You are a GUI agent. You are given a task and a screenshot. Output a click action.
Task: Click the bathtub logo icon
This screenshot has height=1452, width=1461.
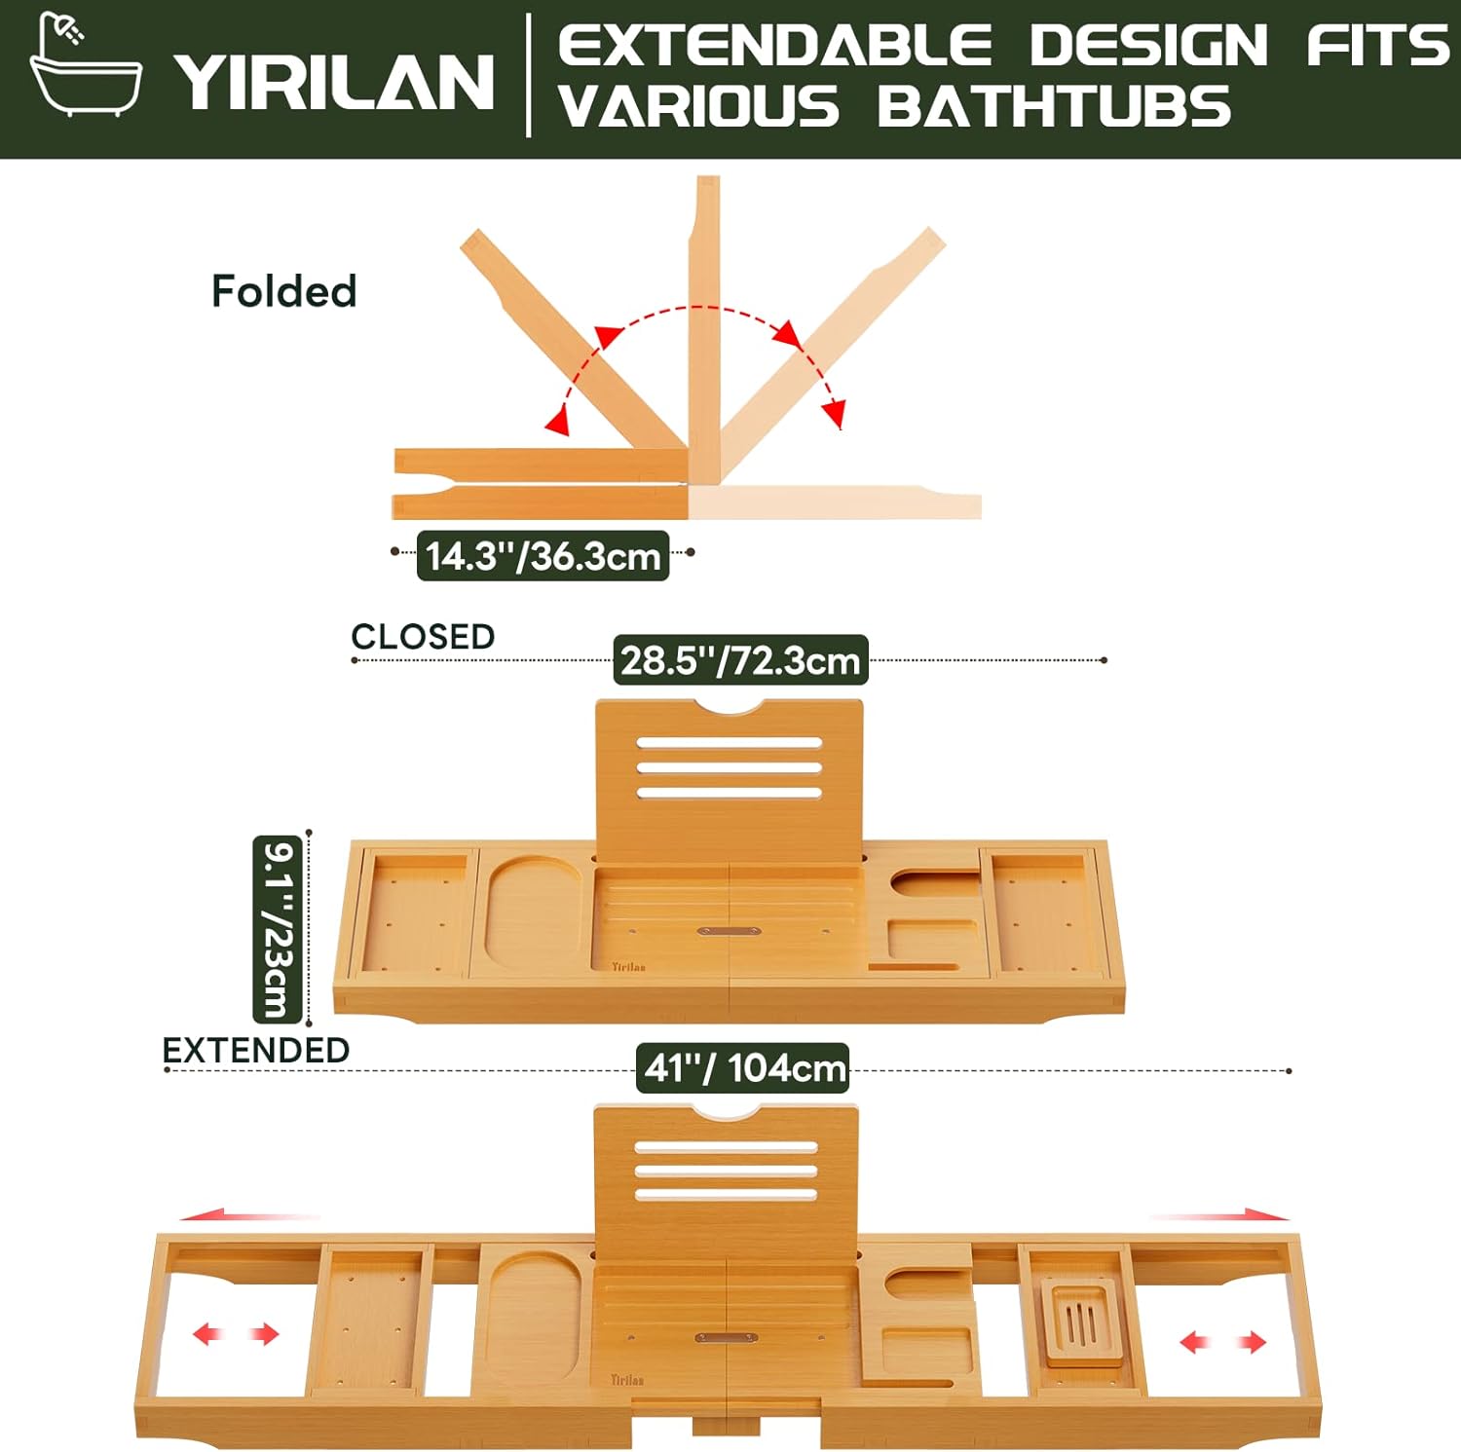point(85,66)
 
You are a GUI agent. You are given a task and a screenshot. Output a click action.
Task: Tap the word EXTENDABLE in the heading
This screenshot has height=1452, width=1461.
point(774,46)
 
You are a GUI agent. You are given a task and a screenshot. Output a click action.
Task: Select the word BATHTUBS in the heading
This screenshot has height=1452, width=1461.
point(1054,107)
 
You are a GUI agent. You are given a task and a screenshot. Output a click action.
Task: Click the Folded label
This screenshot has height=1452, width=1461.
point(283,291)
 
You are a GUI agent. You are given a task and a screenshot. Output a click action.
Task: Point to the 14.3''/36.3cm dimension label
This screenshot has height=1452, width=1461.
point(543,556)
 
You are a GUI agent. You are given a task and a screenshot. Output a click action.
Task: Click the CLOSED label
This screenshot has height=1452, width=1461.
point(423,636)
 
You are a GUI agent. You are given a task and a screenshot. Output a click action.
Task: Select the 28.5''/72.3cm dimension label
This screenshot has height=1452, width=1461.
point(740,660)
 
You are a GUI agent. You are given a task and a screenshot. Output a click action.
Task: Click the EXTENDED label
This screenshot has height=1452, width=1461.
point(255,1050)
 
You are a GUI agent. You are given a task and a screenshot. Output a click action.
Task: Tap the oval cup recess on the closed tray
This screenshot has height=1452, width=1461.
point(534,912)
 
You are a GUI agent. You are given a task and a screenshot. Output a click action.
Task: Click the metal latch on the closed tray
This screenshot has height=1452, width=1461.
point(729,931)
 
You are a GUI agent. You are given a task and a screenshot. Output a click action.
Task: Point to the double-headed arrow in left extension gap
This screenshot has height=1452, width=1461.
point(236,1333)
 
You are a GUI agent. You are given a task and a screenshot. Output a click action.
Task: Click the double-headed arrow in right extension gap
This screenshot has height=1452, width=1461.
point(1222,1343)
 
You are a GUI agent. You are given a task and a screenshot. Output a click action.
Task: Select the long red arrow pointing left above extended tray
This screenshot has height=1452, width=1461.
point(249,1215)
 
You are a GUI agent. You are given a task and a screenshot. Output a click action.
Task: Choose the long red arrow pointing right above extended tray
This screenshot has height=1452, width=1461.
point(1219,1214)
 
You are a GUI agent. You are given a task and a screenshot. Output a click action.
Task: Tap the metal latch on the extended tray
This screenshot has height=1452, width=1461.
point(726,1338)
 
